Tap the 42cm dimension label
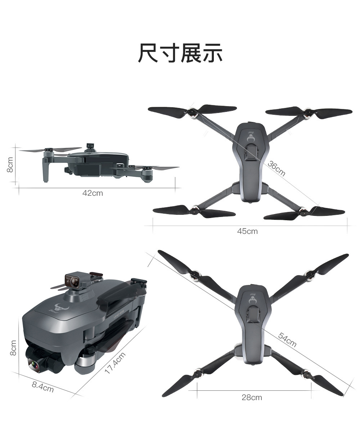click(x=93, y=193)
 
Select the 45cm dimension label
click(x=247, y=231)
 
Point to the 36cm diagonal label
click(x=276, y=168)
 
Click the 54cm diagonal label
click(x=287, y=340)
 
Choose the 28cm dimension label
click(x=252, y=398)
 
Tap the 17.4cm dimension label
click(x=115, y=363)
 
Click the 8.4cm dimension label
click(x=43, y=387)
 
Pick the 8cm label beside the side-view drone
click(x=10, y=165)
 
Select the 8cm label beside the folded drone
click(x=13, y=348)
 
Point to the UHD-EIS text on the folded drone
click(x=119, y=316)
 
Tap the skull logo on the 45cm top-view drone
click(x=250, y=138)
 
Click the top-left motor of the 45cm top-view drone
click(x=191, y=113)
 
